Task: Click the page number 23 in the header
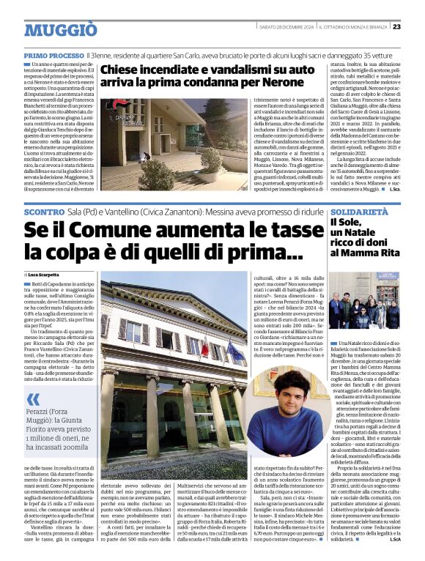[416, 27]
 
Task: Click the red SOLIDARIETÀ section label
[357, 210]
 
